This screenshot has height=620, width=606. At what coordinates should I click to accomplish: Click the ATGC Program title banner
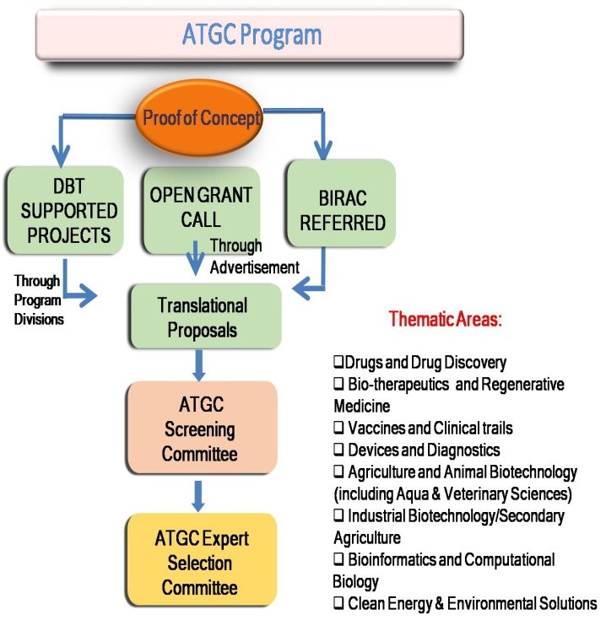pos(251,35)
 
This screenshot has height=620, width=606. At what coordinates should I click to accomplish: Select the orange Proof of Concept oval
pos(201,117)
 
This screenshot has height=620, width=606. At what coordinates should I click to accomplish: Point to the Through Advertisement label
pos(254,256)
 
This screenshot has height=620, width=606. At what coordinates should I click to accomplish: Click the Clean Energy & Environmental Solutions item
pos(464,602)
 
